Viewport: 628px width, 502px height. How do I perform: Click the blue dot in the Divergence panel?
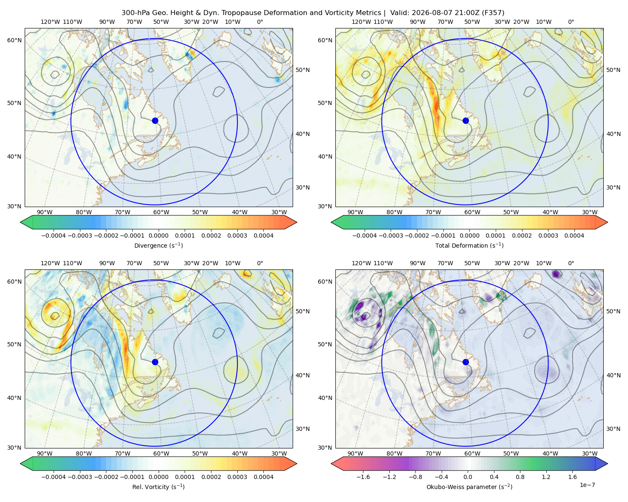point(155,120)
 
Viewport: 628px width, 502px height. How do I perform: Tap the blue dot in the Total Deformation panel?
point(466,120)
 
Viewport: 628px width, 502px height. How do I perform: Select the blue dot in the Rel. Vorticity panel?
point(155,362)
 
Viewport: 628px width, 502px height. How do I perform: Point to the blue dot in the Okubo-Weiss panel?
point(466,362)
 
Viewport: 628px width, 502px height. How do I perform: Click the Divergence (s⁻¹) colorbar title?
point(158,245)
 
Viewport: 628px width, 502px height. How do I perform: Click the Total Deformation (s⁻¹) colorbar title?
point(469,245)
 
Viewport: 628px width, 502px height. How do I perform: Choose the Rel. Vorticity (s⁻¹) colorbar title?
point(158,487)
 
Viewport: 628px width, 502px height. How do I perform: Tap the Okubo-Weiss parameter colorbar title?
point(469,487)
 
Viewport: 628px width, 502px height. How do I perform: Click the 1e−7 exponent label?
point(587,485)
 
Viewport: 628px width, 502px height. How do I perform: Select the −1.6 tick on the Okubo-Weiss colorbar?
point(363,477)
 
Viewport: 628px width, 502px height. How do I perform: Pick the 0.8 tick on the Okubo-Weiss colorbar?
point(520,477)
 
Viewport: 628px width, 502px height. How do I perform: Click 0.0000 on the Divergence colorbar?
point(158,236)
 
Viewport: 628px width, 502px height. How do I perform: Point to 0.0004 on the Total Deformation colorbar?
point(574,236)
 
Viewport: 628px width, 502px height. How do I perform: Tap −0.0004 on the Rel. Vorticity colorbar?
point(54,477)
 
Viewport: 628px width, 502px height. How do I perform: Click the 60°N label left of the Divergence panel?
point(14,40)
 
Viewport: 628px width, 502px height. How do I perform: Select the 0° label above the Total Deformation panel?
point(571,22)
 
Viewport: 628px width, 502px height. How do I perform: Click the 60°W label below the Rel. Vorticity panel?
point(161,453)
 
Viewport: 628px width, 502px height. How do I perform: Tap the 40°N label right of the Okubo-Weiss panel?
point(613,375)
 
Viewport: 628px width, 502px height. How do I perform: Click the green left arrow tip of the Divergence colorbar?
point(21,222)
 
